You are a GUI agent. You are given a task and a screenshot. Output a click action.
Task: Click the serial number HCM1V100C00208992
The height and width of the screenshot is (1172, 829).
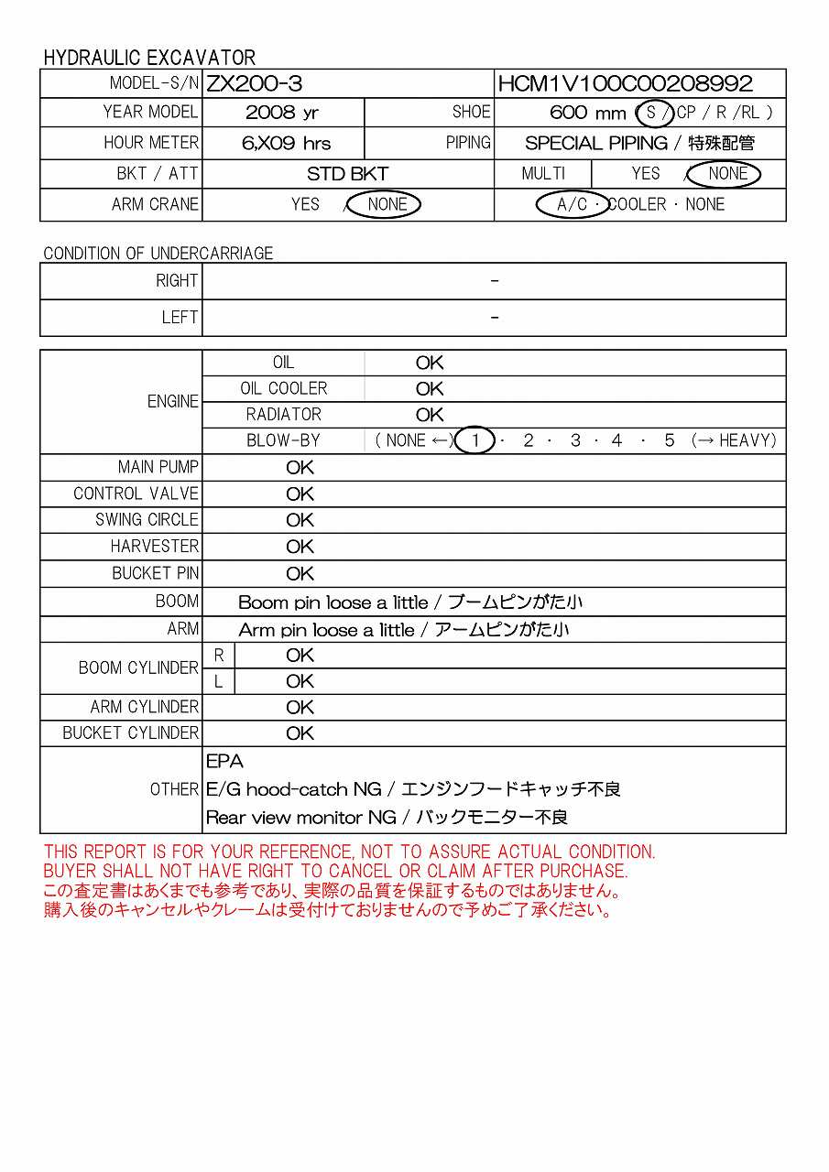pyautogui.click(x=626, y=84)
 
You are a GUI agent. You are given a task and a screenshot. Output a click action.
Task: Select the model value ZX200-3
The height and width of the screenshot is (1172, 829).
pyautogui.click(x=254, y=84)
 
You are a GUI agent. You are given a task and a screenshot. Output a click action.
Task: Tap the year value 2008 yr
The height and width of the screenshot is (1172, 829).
pyautogui.click(x=282, y=113)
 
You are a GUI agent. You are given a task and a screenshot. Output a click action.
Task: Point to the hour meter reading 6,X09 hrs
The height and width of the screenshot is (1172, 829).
pyautogui.click(x=287, y=143)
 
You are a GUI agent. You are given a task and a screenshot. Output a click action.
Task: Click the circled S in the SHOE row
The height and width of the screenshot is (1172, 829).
pyautogui.click(x=653, y=113)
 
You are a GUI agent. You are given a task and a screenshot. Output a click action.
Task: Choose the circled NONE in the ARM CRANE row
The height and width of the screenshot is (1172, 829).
pyautogui.click(x=387, y=204)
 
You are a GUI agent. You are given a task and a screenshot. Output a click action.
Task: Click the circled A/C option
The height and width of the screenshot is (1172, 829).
pyautogui.click(x=573, y=204)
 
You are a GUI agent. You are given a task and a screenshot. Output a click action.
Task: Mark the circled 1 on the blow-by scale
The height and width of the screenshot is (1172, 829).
pyautogui.click(x=475, y=440)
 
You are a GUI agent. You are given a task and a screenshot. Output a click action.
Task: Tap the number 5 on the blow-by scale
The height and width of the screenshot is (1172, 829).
pyautogui.click(x=670, y=440)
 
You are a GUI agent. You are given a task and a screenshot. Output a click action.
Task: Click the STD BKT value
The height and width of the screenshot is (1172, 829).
pyautogui.click(x=347, y=174)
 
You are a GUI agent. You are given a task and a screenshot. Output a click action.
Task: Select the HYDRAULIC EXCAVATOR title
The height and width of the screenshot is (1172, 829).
pyautogui.click(x=149, y=57)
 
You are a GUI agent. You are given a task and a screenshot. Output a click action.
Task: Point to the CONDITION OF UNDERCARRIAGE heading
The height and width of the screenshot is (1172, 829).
pyautogui.click(x=158, y=253)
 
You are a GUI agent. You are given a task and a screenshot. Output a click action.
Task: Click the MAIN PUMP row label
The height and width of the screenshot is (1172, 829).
pyautogui.click(x=158, y=467)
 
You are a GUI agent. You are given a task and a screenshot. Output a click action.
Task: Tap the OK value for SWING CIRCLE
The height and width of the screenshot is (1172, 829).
pyautogui.click(x=300, y=520)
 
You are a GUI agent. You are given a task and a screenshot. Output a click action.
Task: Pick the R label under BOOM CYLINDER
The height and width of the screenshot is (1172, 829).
pyautogui.click(x=218, y=656)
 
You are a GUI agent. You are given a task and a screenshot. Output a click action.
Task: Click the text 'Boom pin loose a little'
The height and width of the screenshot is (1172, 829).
pyautogui.click(x=333, y=602)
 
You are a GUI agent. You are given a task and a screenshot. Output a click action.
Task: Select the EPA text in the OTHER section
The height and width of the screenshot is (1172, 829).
pyautogui.click(x=224, y=761)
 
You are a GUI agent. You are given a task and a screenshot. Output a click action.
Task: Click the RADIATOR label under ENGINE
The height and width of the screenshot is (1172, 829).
pyautogui.click(x=284, y=415)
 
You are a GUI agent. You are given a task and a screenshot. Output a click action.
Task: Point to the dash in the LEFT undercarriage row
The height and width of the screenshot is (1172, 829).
pyautogui.click(x=495, y=318)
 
